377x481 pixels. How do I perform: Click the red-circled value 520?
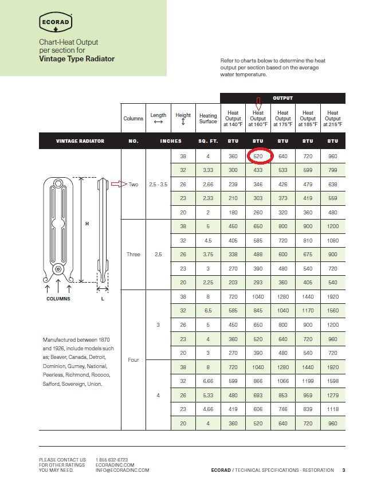click(x=258, y=156)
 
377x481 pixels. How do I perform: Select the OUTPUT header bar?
click(x=282, y=98)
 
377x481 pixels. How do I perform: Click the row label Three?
click(x=133, y=255)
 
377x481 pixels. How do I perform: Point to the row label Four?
click(x=133, y=359)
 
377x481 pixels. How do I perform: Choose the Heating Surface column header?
click(x=208, y=119)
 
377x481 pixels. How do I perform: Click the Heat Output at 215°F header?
click(x=332, y=119)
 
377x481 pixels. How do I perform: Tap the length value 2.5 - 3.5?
click(x=158, y=185)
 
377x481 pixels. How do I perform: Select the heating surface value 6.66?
click(x=208, y=381)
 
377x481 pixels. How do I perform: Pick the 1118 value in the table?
click(x=332, y=409)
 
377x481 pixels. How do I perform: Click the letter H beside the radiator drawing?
click(x=87, y=224)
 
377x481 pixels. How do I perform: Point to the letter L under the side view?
click(x=103, y=299)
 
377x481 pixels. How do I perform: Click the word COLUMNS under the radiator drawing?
click(x=58, y=299)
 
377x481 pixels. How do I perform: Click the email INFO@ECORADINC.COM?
click(x=122, y=470)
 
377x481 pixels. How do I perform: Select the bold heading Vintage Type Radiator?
click(x=77, y=59)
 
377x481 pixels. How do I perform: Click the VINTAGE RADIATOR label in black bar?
click(x=80, y=141)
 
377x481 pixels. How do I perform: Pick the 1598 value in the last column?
click(x=332, y=381)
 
